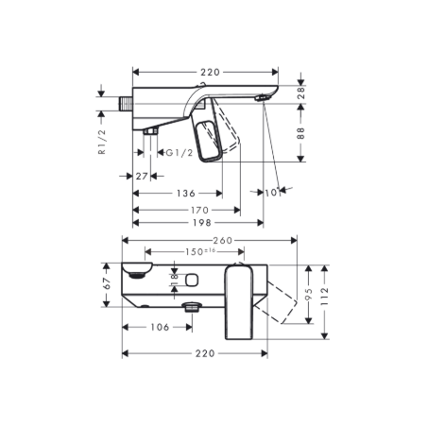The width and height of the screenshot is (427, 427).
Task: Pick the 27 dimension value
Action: pyautogui.click(x=142, y=176)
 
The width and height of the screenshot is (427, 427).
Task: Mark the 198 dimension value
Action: pyautogui.click(x=200, y=223)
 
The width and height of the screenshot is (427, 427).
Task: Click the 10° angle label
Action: pyautogui.click(x=275, y=192)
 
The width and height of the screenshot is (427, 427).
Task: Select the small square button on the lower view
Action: pyautogui.click(x=191, y=280)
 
